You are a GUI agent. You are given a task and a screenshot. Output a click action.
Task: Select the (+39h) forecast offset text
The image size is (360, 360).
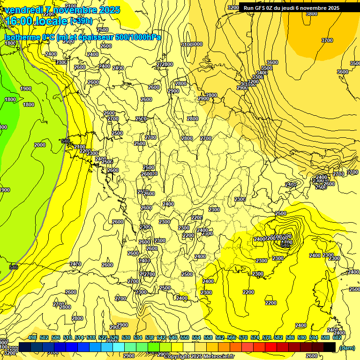pyautogui.click(x=81, y=21)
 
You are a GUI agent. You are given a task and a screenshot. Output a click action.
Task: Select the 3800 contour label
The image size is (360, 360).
pyautogui.click(x=311, y=14)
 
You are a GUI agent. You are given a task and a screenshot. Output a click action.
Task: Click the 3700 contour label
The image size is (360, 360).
pyautogui.click(x=327, y=40)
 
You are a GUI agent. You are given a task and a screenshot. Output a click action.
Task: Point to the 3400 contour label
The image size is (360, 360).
pyautogui.click(x=262, y=73)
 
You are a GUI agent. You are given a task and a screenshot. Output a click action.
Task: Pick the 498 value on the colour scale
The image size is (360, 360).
pyautogui.click(x=32, y=338)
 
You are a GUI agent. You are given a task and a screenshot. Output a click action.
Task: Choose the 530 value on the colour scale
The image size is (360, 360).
pyautogui.click(x=126, y=338)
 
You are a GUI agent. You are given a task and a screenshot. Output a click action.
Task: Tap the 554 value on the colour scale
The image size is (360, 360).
pyautogui.click(x=196, y=338)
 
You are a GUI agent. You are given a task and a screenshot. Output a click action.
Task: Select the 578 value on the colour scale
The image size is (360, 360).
pyautogui.click(x=267, y=338)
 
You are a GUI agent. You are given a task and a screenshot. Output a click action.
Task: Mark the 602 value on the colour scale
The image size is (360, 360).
pyautogui.click(x=337, y=338)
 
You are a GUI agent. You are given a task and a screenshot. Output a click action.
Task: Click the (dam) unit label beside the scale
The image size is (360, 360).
pyautogui.click(x=347, y=347)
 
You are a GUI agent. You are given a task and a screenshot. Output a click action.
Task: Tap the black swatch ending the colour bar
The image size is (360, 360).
pyautogui.click(x=330, y=347)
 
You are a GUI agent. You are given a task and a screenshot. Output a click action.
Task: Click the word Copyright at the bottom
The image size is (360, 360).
pyautogui.click(x=177, y=357)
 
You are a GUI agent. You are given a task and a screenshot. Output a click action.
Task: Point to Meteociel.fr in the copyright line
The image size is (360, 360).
pyautogui.click(x=218, y=357)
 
